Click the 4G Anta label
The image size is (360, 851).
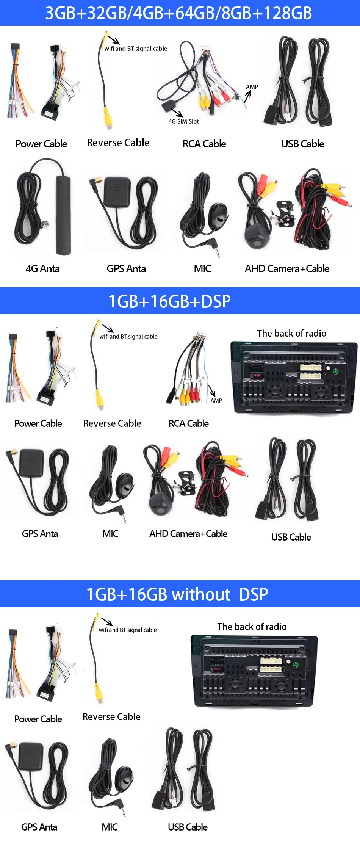(42, 269)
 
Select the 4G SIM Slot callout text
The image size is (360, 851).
(184, 121)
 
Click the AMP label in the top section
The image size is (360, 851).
(252, 87)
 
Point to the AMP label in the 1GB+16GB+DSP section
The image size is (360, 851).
(216, 401)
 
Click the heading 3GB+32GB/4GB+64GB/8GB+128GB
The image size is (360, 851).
(178, 13)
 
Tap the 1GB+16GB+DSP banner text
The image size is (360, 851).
(169, 301)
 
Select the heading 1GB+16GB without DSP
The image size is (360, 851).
(177, 594)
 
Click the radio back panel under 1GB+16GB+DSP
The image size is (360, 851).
(294, 378)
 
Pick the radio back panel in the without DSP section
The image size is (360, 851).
(254, 671)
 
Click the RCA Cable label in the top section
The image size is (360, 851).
(204, 144)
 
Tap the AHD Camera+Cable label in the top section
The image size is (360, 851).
(287, 269)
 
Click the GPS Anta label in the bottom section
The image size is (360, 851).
(39, 827)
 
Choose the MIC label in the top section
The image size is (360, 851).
(202, 269)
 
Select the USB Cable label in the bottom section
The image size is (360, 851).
(188, 827)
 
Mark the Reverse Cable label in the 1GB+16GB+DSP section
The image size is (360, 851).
(112, 423)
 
